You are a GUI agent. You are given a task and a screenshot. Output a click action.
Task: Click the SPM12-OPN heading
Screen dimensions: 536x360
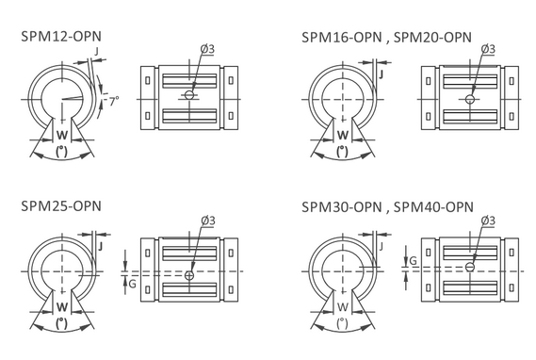click(x=61, y=37)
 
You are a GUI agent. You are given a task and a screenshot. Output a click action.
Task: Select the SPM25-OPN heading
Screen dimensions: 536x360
click(x=61, y=206)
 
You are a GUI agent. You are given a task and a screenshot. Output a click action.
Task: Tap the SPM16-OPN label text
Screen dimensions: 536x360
click(x=342, y=38)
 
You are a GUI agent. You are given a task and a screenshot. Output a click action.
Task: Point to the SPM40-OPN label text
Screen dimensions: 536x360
click(x=433, y=206)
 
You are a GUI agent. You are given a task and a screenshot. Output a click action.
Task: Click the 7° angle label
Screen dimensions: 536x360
click(x=114, y=101)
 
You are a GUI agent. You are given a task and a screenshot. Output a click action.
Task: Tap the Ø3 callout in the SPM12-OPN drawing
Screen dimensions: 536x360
click(x=207, y=49)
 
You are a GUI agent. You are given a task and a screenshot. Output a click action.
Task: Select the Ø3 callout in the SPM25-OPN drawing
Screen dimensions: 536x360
click(x=208, y=221)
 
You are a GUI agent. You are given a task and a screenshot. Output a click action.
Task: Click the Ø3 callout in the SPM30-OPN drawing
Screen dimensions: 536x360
click(x=488, y=221)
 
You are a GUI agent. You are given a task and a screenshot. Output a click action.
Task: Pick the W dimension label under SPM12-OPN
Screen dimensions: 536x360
click(x=62, y=135)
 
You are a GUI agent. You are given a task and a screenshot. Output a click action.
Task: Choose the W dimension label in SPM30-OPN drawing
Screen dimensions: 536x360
click(x=343, y=306)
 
